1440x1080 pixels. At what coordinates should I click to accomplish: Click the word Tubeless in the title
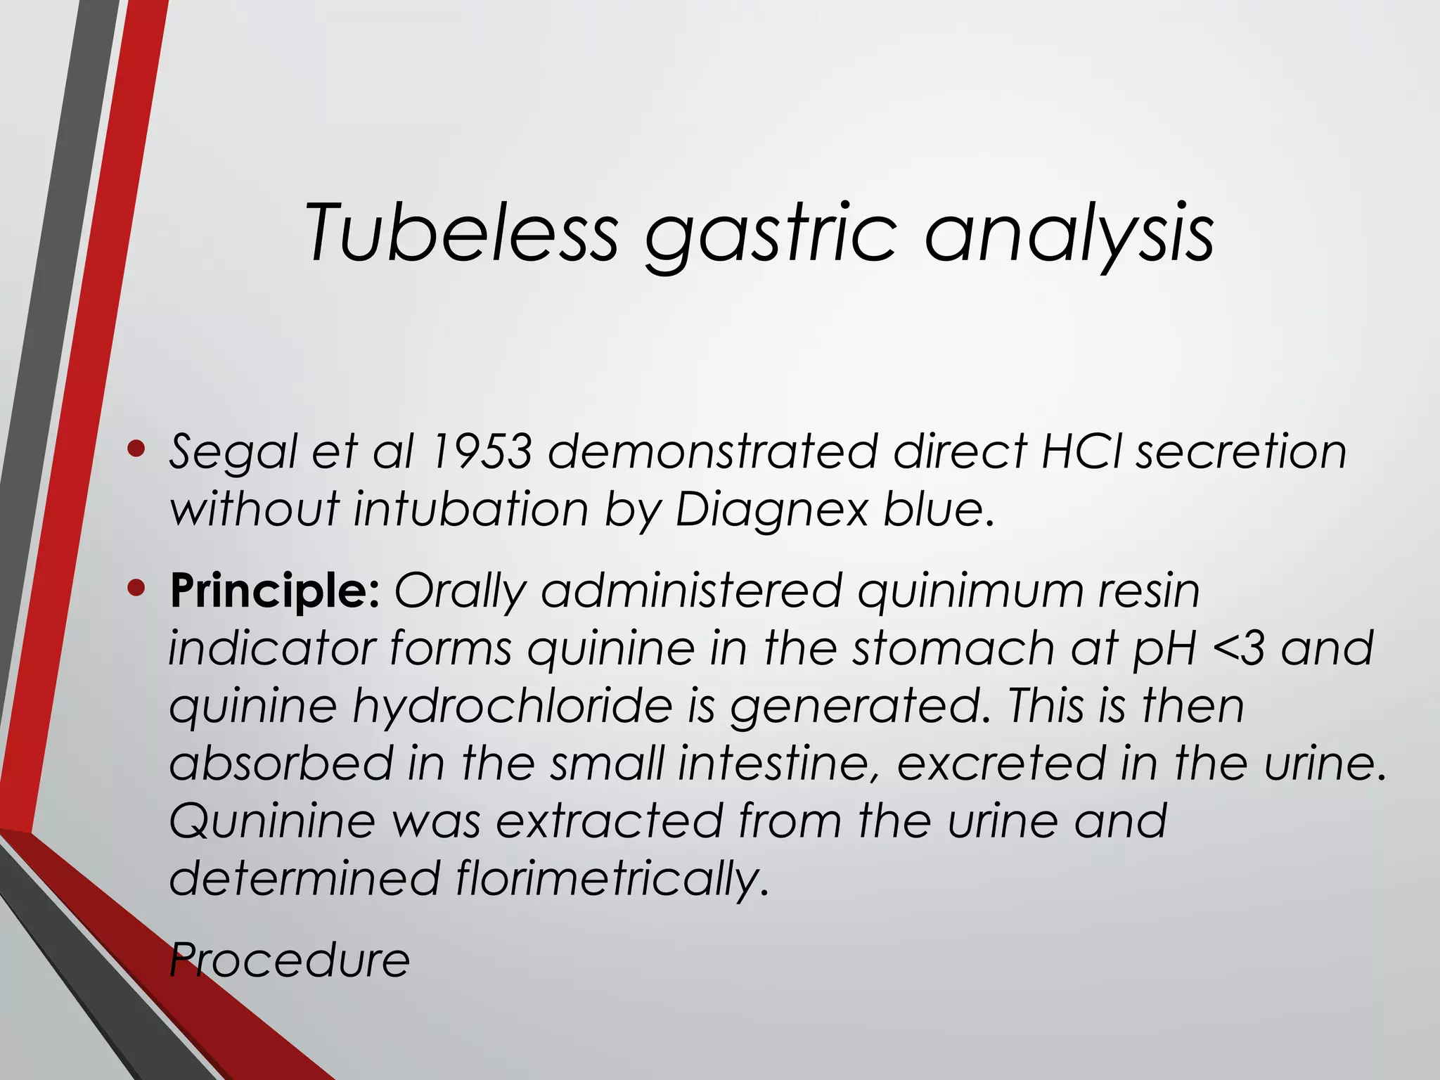(461, 232)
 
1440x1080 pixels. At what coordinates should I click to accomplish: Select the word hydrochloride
(513, 705)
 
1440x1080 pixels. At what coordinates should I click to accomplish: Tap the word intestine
(777, 763)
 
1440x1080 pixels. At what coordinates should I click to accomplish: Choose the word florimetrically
(611, 879)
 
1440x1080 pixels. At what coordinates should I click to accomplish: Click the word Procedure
(290, 959)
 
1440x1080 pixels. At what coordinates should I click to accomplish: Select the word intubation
(470, 508)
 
